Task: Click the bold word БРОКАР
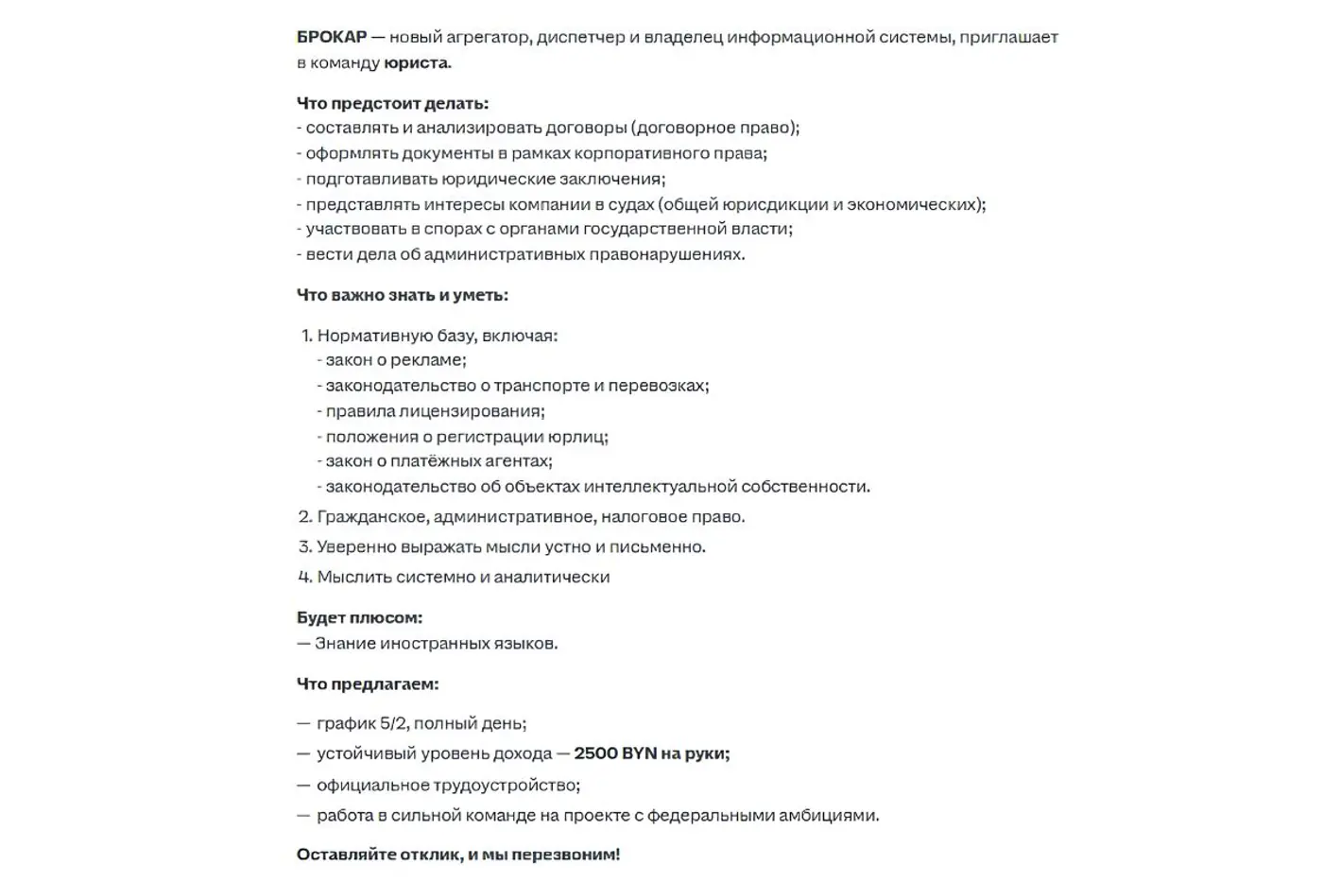[x=332, y=37]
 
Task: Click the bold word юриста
[x=416, y=63]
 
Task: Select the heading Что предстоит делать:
[x=392, y=103]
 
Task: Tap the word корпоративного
[x=635, y=153]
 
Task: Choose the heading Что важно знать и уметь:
[x=402, y=295]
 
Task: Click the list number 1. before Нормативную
[x=306, y=336]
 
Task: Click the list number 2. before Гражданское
[x=305, y=517]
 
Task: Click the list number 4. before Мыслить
[x=305, y=577]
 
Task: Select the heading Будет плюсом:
[x=359, y=617]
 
